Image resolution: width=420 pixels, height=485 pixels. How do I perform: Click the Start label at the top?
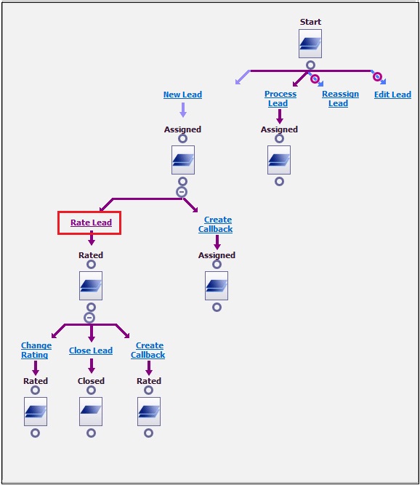coord(310,22)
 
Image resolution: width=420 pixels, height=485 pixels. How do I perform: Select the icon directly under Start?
coord(310,44)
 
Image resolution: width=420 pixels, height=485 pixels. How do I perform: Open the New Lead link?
coord(182,95)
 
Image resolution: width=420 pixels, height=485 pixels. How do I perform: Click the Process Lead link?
coord(280,99)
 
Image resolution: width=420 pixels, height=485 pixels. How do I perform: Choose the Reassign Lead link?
coord(340,99)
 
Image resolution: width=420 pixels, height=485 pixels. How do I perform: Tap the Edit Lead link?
coord(392,95)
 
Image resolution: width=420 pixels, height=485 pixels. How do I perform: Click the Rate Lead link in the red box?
coord(91,223)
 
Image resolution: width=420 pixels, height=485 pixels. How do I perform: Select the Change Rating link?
coord(36,350)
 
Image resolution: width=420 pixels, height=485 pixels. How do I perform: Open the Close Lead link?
coord(91,350)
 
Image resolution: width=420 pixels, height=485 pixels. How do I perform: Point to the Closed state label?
coord(91,381)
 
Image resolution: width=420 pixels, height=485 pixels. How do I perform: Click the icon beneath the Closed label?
coord(91,412)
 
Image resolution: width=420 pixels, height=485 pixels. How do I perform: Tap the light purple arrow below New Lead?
coord(183,110)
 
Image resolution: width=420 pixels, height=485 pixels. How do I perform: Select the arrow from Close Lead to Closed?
coord(91,366)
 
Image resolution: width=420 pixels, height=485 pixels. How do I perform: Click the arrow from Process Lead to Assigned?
coord(280,116)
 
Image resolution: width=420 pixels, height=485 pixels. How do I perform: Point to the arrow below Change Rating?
coord(36,368)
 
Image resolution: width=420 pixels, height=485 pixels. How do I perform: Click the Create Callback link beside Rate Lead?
coord(215,224)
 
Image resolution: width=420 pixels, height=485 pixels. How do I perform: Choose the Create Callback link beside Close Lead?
coord(148,350)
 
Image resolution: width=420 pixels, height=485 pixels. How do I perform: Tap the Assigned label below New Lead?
coord(182,129)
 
